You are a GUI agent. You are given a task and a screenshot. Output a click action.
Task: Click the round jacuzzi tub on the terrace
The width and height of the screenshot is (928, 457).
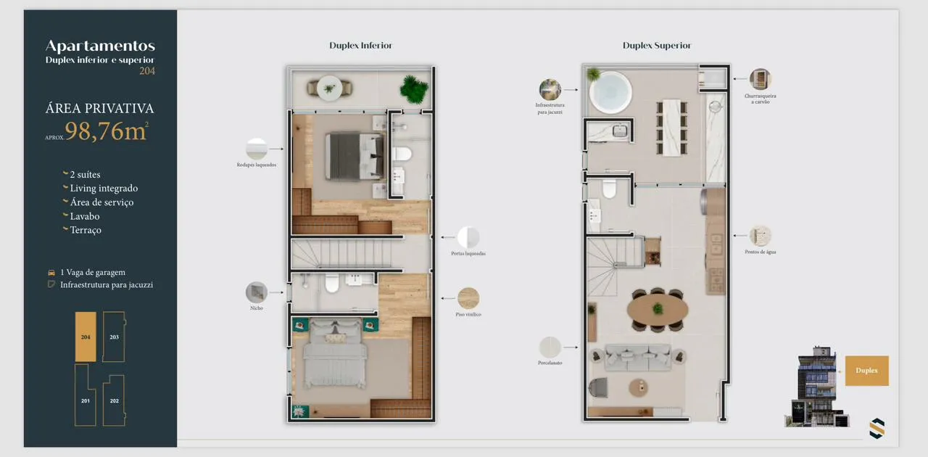pos(610,92)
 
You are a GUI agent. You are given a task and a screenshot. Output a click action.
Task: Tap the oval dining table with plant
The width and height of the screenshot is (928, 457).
pos(658,309)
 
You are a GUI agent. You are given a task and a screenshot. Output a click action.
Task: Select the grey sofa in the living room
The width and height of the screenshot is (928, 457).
pos(637,357)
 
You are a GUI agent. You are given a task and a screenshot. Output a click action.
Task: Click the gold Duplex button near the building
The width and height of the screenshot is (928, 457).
pos(866,371)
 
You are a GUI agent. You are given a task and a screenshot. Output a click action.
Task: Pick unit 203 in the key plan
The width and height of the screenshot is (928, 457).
pos(114,337)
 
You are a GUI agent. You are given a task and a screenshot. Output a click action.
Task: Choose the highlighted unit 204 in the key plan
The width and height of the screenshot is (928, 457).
pos(86,337)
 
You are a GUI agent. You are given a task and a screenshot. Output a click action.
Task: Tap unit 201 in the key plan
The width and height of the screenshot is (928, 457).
pos(85,395)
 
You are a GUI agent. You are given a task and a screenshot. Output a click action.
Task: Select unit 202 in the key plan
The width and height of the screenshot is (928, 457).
pos(115,400)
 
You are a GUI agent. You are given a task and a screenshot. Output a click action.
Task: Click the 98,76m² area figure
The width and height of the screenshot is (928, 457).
pos(107,131)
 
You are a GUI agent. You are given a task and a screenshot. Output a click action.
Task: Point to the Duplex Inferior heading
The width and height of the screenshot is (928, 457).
pos(360,45)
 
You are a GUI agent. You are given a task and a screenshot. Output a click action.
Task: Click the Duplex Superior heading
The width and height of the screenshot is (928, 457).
pos(657,45)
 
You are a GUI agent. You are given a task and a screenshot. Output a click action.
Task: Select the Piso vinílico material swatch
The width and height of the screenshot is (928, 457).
pos(468,298)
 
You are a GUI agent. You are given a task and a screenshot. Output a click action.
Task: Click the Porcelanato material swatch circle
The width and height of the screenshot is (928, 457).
pos(550,347)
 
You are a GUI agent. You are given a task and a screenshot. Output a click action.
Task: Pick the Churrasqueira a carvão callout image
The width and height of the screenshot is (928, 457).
pos(761,79)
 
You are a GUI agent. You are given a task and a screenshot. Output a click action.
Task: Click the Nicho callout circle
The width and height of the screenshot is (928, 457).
pos(257,292)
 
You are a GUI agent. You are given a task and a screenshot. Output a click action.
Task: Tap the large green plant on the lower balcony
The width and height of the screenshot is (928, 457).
pos(413,89)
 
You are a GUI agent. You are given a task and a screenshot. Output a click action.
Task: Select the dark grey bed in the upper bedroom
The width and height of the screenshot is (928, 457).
pos(355,157)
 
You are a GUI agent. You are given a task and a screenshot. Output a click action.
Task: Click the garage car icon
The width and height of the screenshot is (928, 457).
pos(51,273)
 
